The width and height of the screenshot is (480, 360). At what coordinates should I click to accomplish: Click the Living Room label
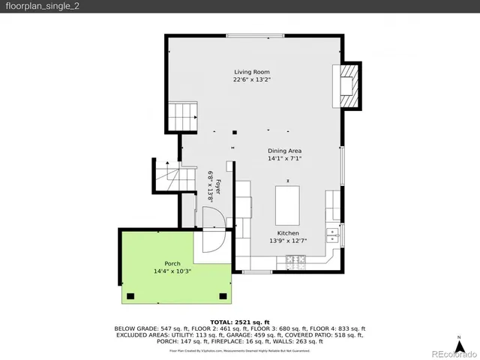click(251, 72)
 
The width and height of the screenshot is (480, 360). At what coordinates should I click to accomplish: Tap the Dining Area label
click(284, 151)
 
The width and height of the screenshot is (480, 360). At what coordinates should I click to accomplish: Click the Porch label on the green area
click(172, 263)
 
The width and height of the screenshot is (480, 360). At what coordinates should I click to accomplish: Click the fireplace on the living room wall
click(347, 85)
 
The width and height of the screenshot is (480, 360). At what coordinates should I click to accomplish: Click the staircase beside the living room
click(182, 116)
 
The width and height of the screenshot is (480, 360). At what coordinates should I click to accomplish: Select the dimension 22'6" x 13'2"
click(251, 79)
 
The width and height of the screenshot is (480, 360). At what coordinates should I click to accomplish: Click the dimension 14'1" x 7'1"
click(284, 158)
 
